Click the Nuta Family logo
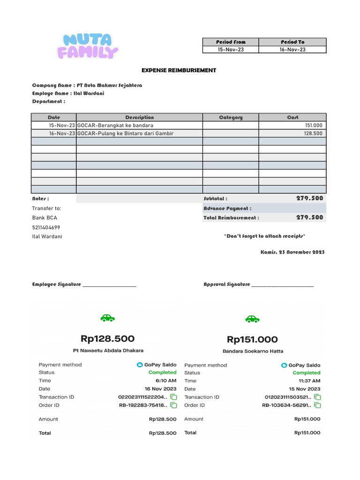(x=88, y=46)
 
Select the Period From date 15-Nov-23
(x=231, y=49)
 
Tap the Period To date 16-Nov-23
(x=292, y=49)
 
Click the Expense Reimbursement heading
(x=179, y=70)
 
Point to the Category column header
(x=231, y=117)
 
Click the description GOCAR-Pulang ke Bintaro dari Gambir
(x=126, y=134)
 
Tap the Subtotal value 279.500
(x=309, y=198)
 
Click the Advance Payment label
(x=227, y=208)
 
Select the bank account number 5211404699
(x=46, y=227)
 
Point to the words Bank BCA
(x=45, y=217)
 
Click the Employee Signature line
(x=109, y=285)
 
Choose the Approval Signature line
(x=283, y=285)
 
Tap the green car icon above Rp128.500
(x=108, y=318)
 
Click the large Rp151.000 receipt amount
(x=252, y=339)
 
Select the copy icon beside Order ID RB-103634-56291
(x=318, y=405)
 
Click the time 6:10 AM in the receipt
(x=166, y=381)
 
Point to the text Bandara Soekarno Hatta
(x=253, y=351)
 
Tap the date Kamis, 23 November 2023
(x=292, y=252)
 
